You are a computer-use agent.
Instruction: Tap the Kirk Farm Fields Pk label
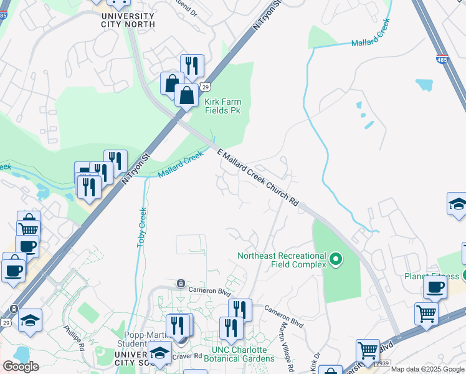pyautogui.click(x=223, y=106)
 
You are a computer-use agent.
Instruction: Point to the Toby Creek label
pyautogui.click(x=141, y=227)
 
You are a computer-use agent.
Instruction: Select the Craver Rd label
pyautogui.click(x=189, y=355)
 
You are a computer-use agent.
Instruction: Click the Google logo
pyautogui.click(x=21, y=367)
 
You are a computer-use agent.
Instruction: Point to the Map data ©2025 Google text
pyautogui.click(x=428, y=369)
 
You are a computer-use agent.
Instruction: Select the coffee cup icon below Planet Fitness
pyautogui.click(x=435, y=287)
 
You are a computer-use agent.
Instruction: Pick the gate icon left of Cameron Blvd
pyautogui.click(x=181, y=283)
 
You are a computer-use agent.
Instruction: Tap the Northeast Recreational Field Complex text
pyautogui.click(x=282, y=260)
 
